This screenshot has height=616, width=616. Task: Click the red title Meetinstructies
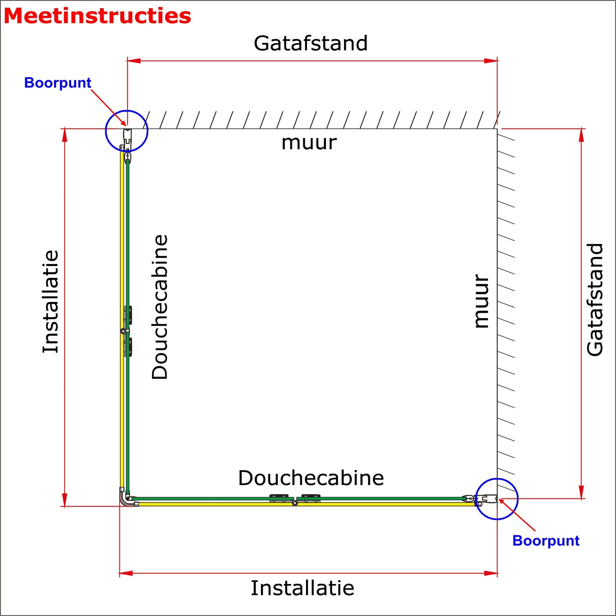pos(97,16)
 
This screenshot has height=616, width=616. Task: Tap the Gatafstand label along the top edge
pos(310,43)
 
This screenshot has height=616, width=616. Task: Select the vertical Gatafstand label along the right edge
pos(595,299)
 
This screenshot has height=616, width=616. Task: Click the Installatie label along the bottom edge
pos(302,588)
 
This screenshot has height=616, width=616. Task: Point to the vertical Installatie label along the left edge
pos(50,302)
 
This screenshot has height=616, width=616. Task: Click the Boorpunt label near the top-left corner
pos(58,83)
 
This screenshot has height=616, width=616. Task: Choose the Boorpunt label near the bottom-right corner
pos(546,541)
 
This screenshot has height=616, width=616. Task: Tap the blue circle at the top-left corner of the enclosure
pos(127,131)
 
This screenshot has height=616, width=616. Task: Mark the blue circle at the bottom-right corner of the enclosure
pos(497,499)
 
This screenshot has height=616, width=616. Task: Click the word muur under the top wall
pos(309,143)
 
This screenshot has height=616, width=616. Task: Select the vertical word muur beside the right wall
pos(482,301)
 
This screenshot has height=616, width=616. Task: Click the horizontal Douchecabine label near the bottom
pos(311,478)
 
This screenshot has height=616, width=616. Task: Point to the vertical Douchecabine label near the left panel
pos(160,307)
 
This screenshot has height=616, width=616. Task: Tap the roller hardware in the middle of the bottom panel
pos(295,499)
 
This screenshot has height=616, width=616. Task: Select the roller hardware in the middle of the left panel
pos(127,331)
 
